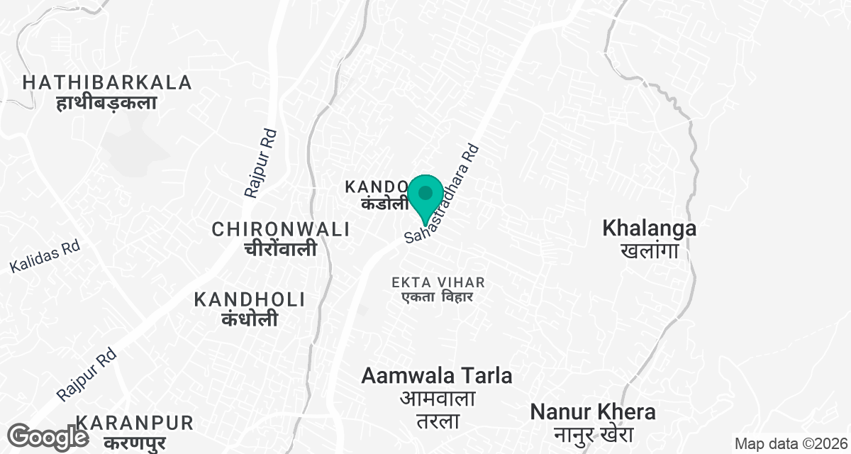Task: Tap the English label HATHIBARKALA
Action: [x=107, y=82]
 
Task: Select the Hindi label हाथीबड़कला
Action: [x=106, y=103]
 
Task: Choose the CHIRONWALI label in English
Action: [x=281, y=229]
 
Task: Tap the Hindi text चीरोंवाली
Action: [x=280, y=249]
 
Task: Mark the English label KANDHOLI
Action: [x=250, y=299]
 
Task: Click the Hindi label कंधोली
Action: [x=249, y=319]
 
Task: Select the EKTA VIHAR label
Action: [x=433, y=282]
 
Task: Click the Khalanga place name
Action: [x=649, y=228]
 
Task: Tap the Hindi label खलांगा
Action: [x=649, y=250]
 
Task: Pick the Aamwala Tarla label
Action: [x=437, y=375]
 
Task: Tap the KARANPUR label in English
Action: [x=134, y=423]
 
